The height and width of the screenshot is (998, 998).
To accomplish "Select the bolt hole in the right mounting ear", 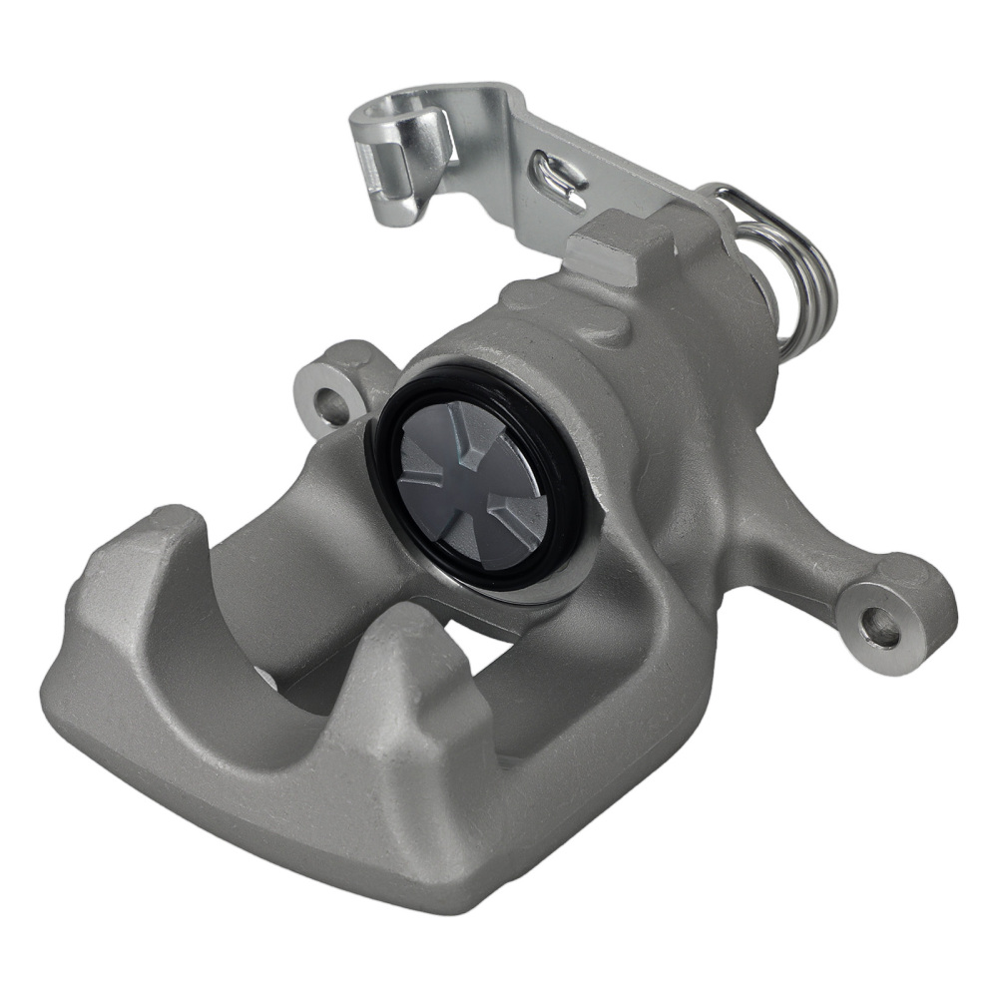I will point(881,627).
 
